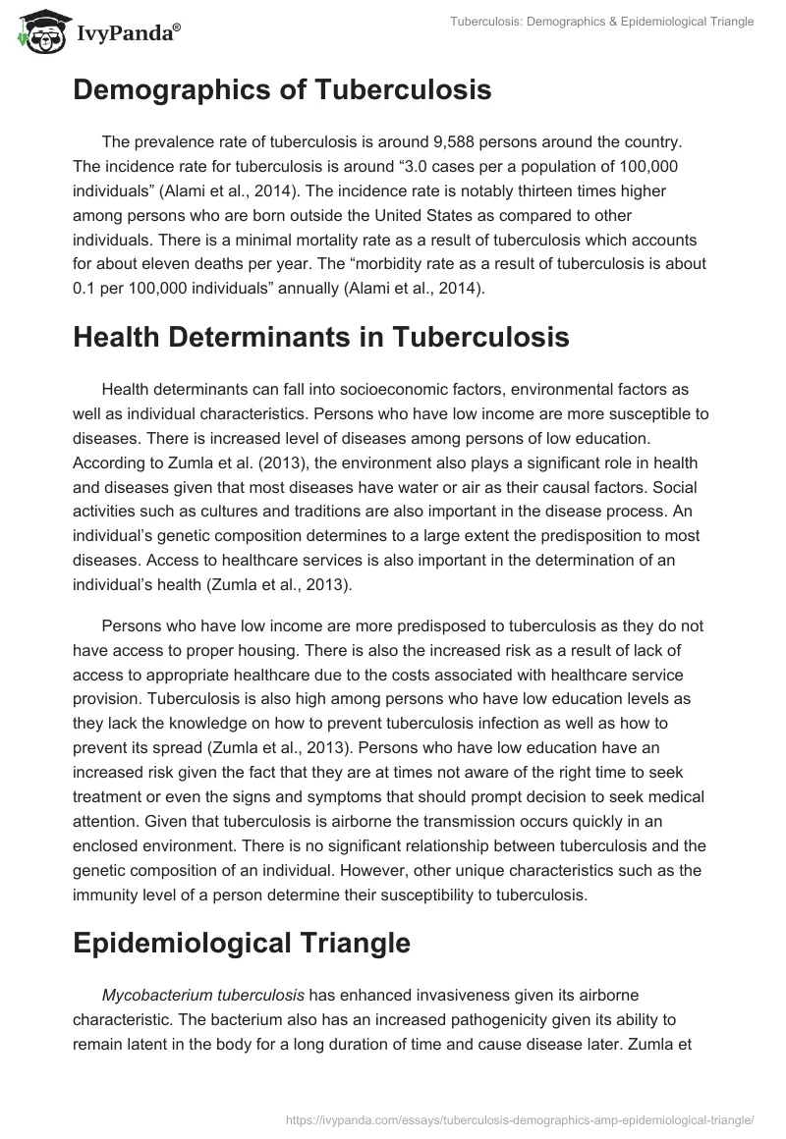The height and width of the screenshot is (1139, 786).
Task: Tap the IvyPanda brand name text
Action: [x=128, y=32]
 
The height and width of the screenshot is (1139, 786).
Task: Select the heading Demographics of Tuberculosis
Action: [x=282, y=91]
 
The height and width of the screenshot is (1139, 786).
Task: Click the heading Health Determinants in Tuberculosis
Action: [x=320, y=337]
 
